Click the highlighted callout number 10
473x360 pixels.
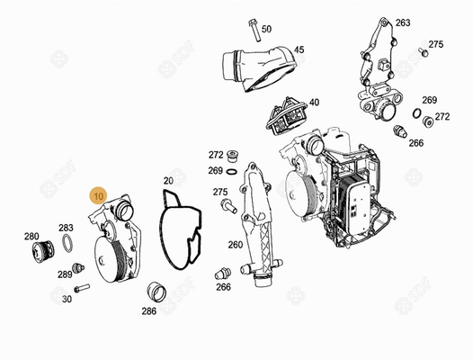99,196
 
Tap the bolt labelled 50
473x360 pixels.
254,31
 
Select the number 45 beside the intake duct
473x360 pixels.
299,49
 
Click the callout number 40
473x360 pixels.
314,103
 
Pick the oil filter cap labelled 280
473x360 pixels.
43,252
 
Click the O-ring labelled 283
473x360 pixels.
67,243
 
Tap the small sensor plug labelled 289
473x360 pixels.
78,268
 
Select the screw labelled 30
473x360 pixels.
81,288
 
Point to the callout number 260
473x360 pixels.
236,245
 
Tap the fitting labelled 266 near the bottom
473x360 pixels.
223,274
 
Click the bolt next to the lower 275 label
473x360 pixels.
229,207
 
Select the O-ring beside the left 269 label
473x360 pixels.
231,173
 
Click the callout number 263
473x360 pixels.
403,22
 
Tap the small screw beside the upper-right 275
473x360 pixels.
424,52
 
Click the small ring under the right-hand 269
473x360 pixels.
416,113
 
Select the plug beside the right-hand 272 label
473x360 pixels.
428,121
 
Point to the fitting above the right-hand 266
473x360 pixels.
400,131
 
